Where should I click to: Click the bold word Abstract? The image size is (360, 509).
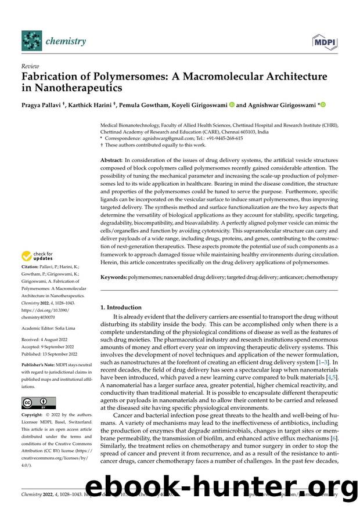click(x=113, y=159)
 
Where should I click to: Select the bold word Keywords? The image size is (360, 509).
click(x=114, y=278)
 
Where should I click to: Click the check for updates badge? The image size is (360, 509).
click(x=38, y=256)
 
